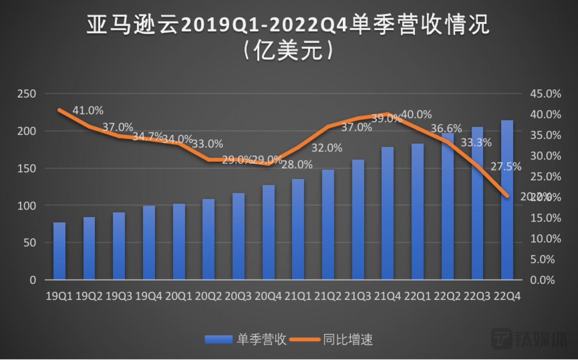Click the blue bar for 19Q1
coord(59,251)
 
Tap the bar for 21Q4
coord(387,213)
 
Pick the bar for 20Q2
coord(208,239)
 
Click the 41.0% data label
coord(88,110)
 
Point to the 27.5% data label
coord(506,167)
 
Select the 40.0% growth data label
coord(417,115)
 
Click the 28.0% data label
coord(297,165)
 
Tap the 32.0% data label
coord(327,148)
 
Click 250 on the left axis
coord(26,94)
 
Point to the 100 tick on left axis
coord(26,206)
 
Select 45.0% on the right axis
coord(545,94)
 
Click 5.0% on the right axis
coord(542,259)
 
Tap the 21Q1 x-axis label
coord(298,296)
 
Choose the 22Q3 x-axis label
coord(477,296)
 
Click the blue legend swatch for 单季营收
coord(218,340)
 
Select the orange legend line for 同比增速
coord(305,340)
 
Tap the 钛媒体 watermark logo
coord(529,339)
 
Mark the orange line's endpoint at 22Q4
coord(507,196)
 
